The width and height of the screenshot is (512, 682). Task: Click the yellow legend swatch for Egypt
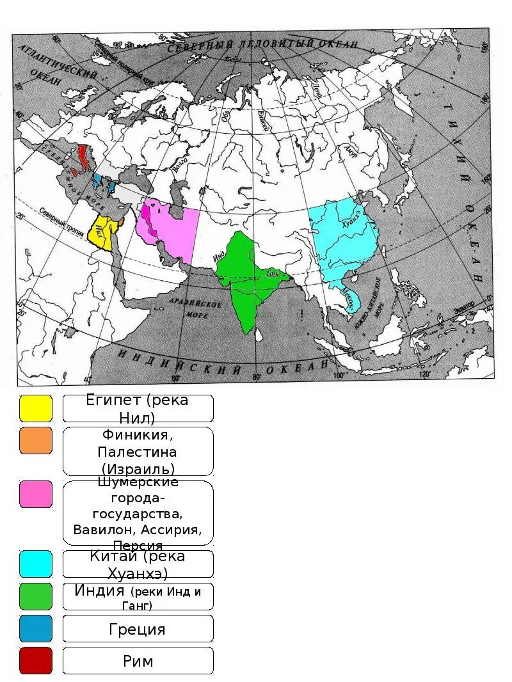[35, 408]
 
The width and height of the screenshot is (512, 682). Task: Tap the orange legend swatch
[35, 441]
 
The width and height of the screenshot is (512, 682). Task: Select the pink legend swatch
[35, 494]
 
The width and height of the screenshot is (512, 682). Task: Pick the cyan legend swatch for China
[35, 564]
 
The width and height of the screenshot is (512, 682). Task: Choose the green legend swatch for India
[35, 596]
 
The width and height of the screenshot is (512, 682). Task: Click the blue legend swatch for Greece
[35, 628]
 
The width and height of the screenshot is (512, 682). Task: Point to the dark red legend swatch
[35, 660]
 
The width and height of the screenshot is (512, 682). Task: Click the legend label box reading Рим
[138, 660]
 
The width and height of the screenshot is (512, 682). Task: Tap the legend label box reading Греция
[138, 628]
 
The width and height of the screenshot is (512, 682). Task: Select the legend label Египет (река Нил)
[138, 408]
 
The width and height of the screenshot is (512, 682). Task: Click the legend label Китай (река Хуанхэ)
[138, 564]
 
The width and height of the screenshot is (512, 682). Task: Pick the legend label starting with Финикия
[138, 451]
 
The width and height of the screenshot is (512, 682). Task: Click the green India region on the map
[246, 282]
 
